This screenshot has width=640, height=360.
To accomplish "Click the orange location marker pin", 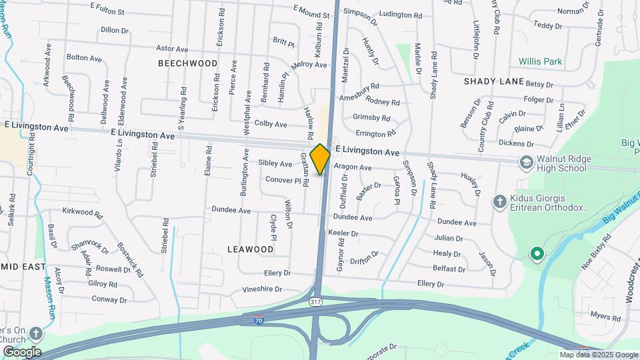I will click(320, 159).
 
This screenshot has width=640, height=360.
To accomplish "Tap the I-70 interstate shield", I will click(259, 321).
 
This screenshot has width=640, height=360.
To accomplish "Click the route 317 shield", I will click(315, 302).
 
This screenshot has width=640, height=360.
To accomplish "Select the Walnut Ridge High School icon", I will click(526, 163).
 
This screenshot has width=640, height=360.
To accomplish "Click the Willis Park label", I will click(541, 61).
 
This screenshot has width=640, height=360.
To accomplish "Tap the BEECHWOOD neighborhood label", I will click(188, 63).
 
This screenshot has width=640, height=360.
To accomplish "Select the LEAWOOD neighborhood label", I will click(250, 249).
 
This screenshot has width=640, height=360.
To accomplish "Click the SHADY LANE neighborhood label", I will click(494, 81).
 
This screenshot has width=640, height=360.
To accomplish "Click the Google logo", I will click(21, 352).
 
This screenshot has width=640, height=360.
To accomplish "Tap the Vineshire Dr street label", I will click(262, 289).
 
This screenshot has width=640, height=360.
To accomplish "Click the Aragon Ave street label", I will click(353, 167).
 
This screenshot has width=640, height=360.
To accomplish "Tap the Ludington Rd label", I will click(401, 14).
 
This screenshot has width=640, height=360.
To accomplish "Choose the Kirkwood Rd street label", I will click(82, 213).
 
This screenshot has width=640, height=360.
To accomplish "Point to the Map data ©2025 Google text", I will click(599, 355).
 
